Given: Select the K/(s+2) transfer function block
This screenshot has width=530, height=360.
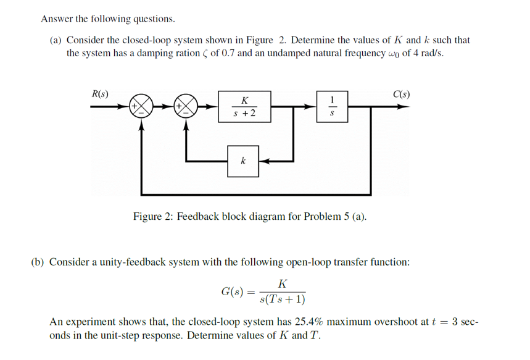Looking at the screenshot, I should [244, 107].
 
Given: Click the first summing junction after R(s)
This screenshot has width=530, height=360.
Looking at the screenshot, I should [141, 107].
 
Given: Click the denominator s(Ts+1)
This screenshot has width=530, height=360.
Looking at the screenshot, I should [283, 300].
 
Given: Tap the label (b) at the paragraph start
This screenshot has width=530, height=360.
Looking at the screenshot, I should [38, 262].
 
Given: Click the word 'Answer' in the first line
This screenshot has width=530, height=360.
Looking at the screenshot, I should [56, 19].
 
